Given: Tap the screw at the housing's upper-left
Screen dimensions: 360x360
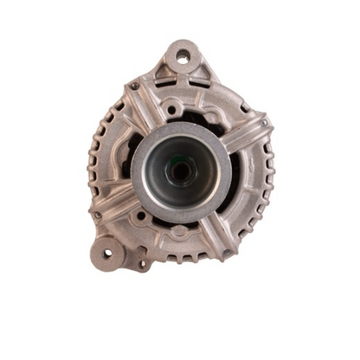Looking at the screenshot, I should pos(134,87).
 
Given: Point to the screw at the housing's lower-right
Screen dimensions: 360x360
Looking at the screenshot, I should pos(227,253).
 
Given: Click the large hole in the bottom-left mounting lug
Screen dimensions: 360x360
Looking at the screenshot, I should pos(108,254).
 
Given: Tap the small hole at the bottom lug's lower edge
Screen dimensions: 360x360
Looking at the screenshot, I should pos(141,264).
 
